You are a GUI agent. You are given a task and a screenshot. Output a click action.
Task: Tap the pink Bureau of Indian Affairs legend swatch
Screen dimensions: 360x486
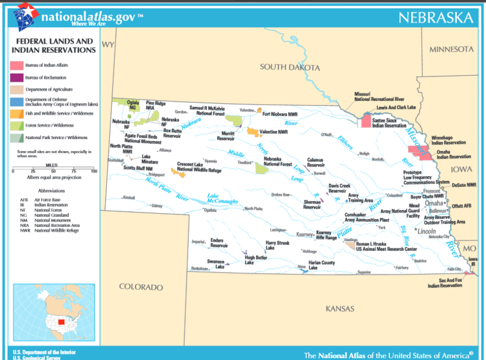[16, 65]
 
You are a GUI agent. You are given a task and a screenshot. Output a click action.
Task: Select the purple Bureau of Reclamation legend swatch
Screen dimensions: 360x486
[16, 78]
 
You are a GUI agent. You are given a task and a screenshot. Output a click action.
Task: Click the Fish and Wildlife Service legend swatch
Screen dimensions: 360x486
[16, 114]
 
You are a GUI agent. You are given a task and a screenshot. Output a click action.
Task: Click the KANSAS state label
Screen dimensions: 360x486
[340, 309]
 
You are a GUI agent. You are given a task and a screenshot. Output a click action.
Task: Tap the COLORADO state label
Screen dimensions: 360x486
[141, 287]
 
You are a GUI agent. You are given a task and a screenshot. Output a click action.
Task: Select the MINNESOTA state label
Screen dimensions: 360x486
[450, 49]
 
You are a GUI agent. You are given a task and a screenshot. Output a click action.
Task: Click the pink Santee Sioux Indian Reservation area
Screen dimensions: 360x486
[366, 121]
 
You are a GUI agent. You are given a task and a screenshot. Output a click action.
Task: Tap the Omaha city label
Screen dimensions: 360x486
[433, 203]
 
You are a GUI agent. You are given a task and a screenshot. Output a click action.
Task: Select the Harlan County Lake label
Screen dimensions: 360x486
[321, 265]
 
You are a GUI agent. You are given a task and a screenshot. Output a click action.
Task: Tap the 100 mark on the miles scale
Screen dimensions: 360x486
[94, 172]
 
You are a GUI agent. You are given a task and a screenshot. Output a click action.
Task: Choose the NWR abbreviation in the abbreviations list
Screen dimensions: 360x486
[24, 231]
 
